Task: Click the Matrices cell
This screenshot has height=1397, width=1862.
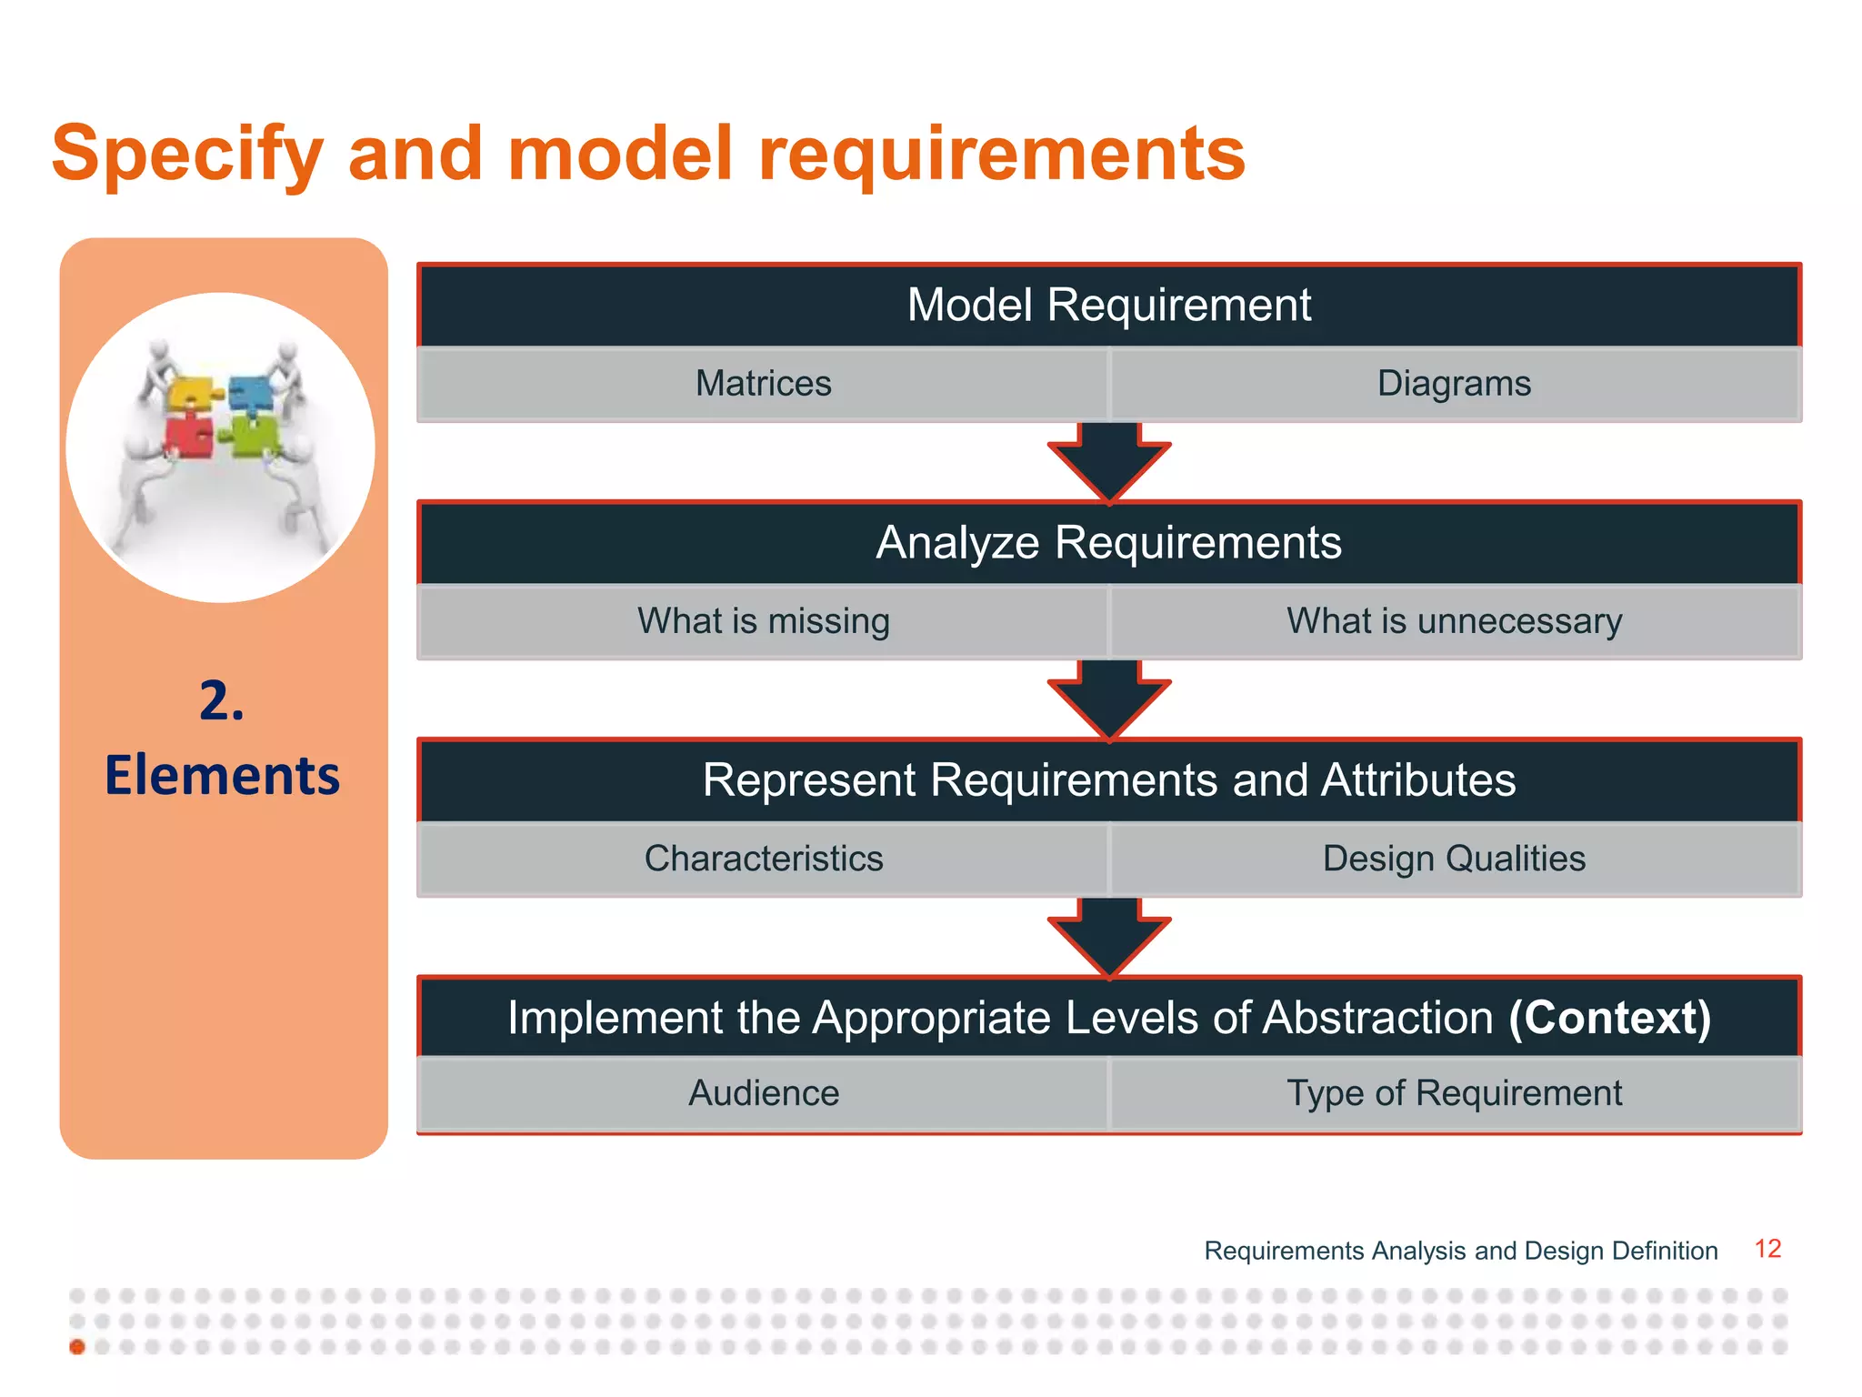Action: tap(763, 384)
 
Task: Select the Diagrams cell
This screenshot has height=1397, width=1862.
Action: tap(1454, 384)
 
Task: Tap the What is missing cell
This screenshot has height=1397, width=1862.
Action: tap(763, 621)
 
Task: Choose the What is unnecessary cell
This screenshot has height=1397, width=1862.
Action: tap(1454, 621)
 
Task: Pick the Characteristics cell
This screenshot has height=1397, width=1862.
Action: tap(763, 859)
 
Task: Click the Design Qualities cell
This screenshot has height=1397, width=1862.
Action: tap(1454, 859)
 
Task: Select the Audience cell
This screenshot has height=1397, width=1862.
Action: tap(763, 1093)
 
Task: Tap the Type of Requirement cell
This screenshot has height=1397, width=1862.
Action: tap(1454, 1093)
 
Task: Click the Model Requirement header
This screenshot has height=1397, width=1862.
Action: tap(1108, 305)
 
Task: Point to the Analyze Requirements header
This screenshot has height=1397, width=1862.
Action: tap(1108, 543)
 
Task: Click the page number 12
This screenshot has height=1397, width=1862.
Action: tap(1767, 1249)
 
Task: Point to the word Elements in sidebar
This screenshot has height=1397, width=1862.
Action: tap(222, 776)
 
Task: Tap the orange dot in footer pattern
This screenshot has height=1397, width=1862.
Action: tap(77, 1346)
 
